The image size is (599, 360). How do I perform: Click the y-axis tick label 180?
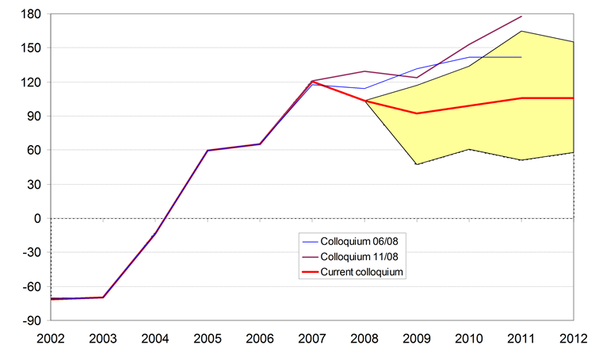[29, 13]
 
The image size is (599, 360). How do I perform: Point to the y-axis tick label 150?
[29, 48]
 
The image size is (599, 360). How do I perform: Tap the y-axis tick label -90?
[29, 320]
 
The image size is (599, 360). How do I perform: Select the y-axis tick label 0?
[35, 218]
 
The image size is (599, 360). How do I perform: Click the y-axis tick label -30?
[29, 252]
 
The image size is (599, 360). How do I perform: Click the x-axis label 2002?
[52, 339]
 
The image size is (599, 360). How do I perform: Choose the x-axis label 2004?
[156, 339]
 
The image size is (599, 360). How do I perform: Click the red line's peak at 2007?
[312, 82]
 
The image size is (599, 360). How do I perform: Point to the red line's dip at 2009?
[416, 113]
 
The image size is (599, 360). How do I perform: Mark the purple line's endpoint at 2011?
[521, 16]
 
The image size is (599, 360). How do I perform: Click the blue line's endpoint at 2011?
[521, 57]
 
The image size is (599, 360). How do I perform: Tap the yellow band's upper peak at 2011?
[521, 31]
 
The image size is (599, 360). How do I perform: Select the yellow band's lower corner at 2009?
[416, 164]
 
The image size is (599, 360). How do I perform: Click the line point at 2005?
[208, 150]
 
